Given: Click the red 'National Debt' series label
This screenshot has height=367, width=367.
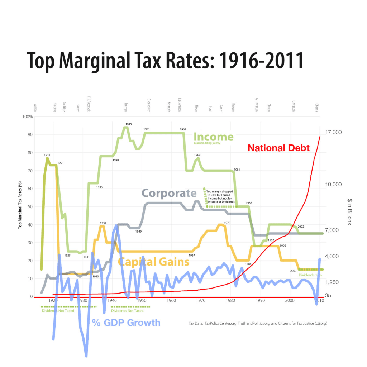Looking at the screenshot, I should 278,148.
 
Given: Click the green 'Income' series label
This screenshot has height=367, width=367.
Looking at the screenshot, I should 214,137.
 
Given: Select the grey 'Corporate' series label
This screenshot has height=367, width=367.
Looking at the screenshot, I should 169,193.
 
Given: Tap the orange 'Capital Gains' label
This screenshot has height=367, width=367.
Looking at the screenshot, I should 153,262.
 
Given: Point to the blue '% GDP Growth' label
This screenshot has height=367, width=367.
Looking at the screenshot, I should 126,323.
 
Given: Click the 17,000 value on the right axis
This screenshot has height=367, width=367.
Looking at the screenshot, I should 333,132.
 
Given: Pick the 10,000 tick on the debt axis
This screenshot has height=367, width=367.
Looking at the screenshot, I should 333,184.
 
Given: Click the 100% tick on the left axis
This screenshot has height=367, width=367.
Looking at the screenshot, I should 27,117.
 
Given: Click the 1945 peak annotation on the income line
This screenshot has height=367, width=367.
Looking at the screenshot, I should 128,124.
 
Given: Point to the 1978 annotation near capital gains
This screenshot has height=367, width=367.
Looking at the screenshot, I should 227,223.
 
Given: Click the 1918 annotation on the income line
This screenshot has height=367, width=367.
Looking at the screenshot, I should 47,155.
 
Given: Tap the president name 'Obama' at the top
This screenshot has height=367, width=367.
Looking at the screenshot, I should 317,108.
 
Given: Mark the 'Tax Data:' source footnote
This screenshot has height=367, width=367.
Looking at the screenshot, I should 257,323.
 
